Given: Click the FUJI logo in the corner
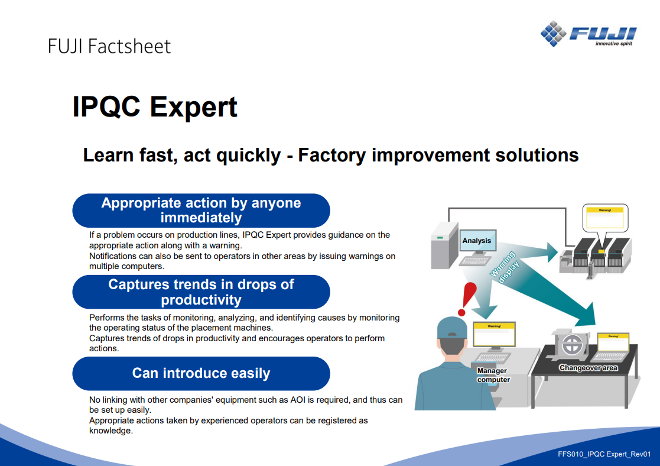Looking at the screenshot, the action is (x=589, y=33).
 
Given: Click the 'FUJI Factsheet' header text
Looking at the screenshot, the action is (x=109, y=46).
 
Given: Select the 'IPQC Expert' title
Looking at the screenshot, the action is (x=155, y=106).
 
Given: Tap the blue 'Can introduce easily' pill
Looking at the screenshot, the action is (x=201, y=373).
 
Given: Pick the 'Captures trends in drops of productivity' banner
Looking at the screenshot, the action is (x=201, y=292).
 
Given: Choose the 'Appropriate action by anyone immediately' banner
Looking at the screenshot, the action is (x=201, y=211).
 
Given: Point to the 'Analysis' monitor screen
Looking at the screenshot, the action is (x=477, y=241).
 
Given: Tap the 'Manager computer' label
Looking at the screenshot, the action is (x=493, y=375).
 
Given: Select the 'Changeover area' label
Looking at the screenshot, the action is (x=588, y=368).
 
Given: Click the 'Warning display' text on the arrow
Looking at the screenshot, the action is (x=505, y=267).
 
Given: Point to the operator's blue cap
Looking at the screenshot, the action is (x=451, y=328).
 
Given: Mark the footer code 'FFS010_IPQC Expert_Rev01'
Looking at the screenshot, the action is (x=604, y=454).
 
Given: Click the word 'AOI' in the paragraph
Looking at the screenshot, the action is (x=298, y=400).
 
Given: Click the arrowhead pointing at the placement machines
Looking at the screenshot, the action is (x=552, y=253).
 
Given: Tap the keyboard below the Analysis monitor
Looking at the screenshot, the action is (x=475, y=261).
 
